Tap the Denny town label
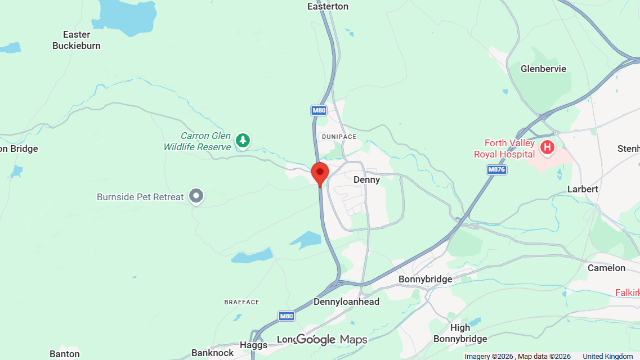366,179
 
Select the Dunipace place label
338,137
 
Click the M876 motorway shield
496,169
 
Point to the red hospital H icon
547,148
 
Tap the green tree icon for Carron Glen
243,140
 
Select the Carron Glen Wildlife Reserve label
198,141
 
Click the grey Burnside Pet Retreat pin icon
196,196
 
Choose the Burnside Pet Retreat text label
140,197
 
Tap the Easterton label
328,6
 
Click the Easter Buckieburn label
77,40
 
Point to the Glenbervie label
543,69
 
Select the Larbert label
583,189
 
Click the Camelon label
606,268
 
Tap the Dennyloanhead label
346,301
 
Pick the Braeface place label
242,302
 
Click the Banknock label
212,353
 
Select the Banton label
64,354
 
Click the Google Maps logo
332,339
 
